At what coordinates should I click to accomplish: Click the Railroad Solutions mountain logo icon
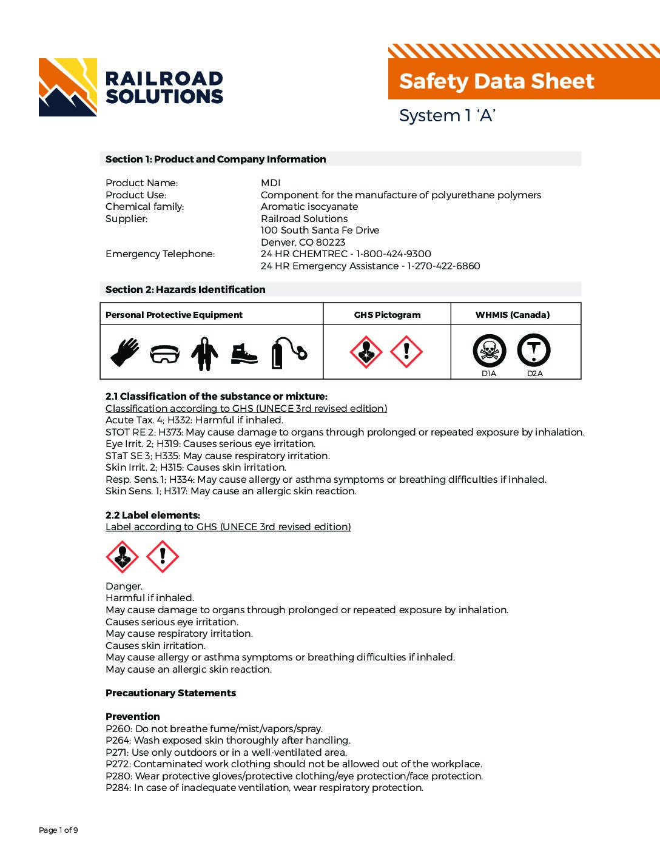pyautogui.click(x=67, y=87)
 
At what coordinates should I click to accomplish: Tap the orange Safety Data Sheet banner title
pyautogui.click(x=496, y=81)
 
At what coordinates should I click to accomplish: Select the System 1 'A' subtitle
pyautogui.click(x=447, y=115)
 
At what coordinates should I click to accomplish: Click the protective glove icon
pyautogui.click(x=124, y=352)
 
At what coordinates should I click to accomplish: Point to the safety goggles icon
pyautogui.click(x=164, y=354)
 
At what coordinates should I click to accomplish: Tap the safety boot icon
pyautogui.click(x=244, y=354)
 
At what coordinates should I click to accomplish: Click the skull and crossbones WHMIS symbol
pyautogui.click(x=489, y=351)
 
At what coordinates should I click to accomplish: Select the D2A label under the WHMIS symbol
pyautogui.click(x=534, y=374)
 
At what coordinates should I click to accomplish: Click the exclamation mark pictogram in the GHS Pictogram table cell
pyautogui.click(x=406, y=352)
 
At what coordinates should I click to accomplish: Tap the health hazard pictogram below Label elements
pyautogui.click(x=122, y=557)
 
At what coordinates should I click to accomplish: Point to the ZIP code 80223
pyautogui.click(x=330, y=242)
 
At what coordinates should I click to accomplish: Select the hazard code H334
pyautogui.click(x=181, y=479)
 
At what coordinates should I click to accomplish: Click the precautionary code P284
pyautogui.click(x=117, y=787)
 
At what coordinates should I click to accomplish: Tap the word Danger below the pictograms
pyautogui.click(x=124, y=586)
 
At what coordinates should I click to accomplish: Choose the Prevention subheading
pyautogui.click(x=132, y=716)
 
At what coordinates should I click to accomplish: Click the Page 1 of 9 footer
pyautogui.click(x=58, y=830)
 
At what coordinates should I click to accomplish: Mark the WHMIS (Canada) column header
pyautogui.click(x=512, y=315)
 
